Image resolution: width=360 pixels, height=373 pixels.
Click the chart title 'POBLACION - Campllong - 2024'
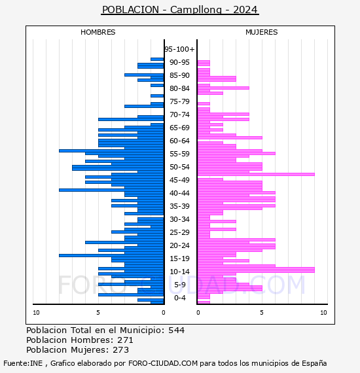179,10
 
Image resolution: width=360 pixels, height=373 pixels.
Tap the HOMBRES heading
98,32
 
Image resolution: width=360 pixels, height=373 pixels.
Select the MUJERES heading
262,32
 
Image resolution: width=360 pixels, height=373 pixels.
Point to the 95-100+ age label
179,49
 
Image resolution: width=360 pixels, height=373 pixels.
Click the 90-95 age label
179,62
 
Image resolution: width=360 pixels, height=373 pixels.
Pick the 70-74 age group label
179,115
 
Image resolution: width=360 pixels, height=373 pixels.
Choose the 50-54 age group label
179,167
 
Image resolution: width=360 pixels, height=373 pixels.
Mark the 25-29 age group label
179,232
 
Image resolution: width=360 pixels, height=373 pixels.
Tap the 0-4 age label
179,298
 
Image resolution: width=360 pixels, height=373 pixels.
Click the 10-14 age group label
179,272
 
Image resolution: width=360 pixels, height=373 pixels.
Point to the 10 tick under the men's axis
36,312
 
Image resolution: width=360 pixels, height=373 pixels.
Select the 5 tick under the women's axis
262,312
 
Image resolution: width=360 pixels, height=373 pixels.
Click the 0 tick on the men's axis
164,312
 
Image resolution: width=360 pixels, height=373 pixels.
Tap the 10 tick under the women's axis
323,312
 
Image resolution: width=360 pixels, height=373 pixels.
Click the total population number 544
176,330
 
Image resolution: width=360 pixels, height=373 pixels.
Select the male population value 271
125,340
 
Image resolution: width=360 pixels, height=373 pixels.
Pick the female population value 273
120,349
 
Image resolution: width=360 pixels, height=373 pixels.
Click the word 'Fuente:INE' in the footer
23,363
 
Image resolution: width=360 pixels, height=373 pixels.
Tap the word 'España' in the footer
314,363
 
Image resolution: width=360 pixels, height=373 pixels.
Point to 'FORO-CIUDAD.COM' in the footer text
163,363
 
